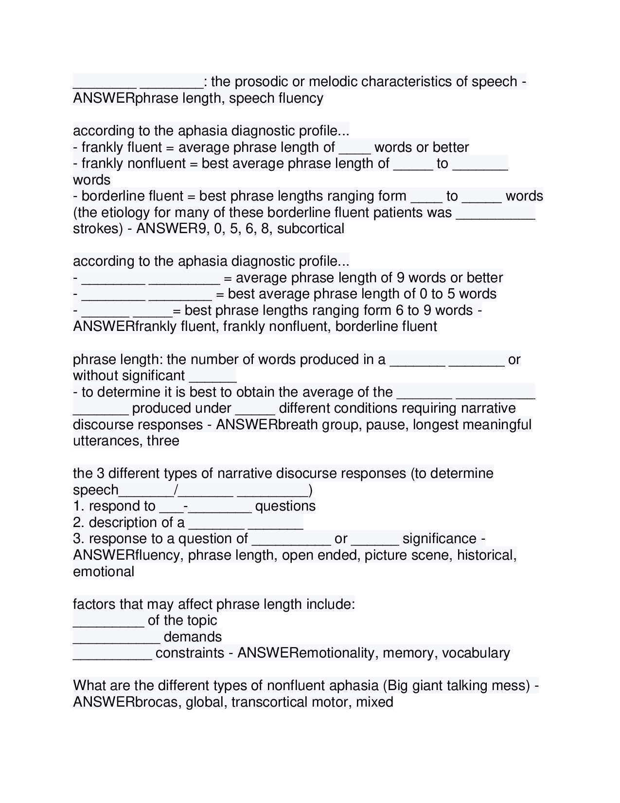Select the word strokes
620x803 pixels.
(x=97, y=228)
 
